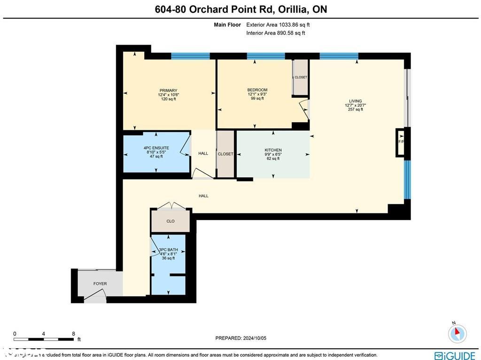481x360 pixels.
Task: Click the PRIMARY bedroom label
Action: click(168, 90)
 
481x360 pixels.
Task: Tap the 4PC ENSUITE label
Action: click(156, 148)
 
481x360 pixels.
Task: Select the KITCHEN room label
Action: click(273, 150)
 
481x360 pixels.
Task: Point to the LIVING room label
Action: click(355, 101)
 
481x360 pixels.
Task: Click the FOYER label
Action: click(100, 284)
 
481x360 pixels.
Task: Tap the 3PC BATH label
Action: click(168, 250)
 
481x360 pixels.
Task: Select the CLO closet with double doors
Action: click(171, 221)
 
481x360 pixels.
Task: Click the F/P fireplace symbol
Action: click(401, 141)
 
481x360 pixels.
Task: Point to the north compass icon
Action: click(457, 333)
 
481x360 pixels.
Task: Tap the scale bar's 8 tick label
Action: click(73, 334)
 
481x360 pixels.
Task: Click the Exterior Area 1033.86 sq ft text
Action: click(278, 25)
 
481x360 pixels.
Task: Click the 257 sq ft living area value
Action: click(355, 110)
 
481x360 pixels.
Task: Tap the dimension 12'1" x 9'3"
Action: click(257, 94)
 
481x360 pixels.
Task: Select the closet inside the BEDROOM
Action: click(301, 78)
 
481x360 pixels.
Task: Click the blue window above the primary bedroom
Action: click(190, 56)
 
